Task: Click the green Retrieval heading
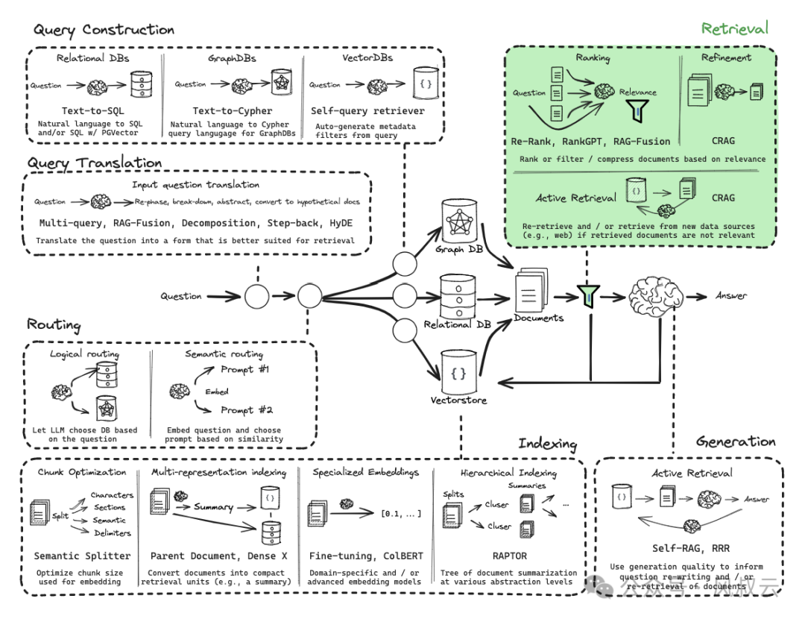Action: [734, 29]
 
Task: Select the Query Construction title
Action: [104, 30]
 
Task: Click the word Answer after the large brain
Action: [730, 295]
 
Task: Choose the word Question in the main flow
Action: [181, 296]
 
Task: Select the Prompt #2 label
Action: [247, 409]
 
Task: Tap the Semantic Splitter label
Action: [82, 556]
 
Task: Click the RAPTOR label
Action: [510, 556]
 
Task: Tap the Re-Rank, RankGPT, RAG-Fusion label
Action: [590, 141]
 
